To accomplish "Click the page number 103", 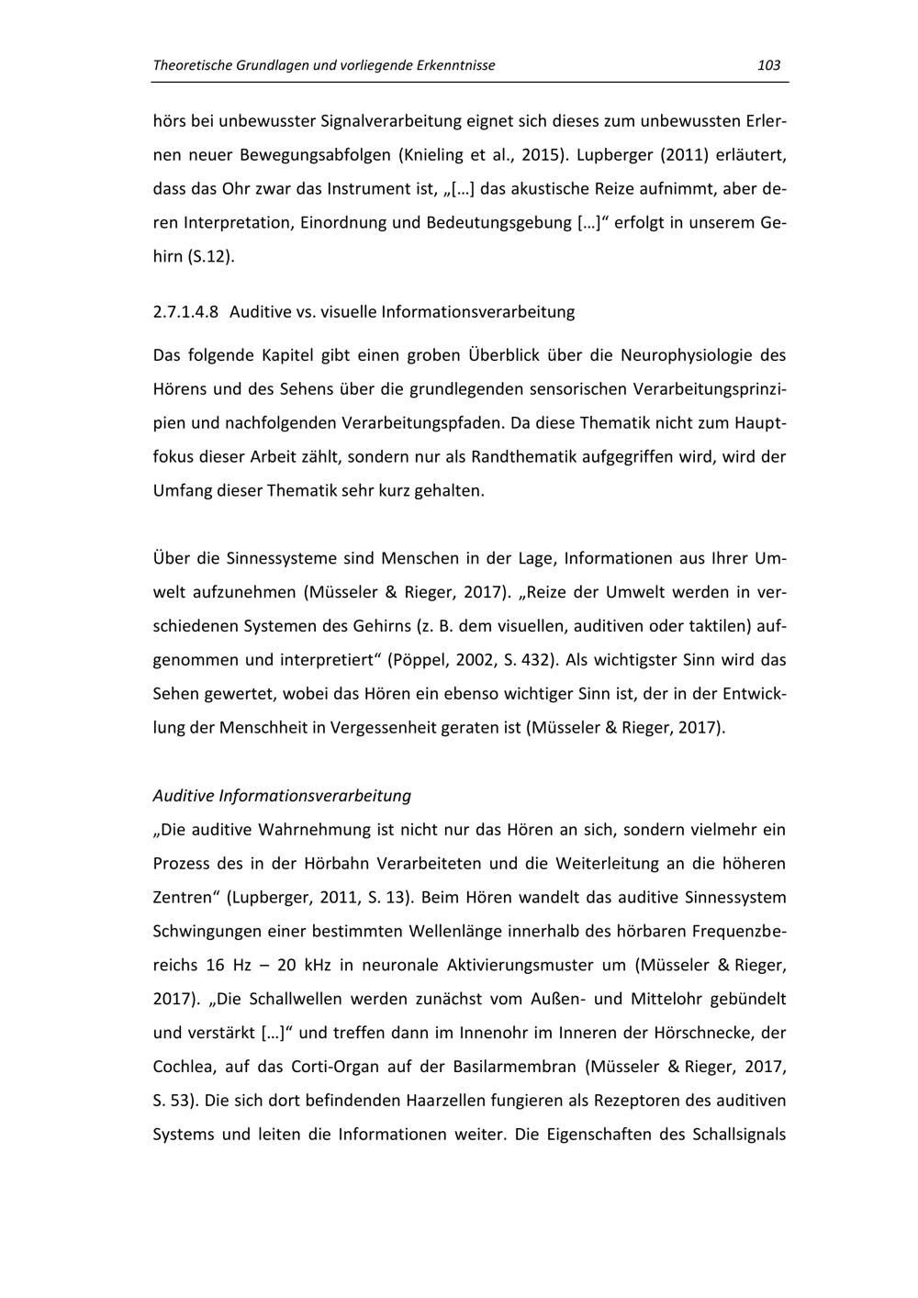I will (768, 65).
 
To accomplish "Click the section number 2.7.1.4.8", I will (185, 312).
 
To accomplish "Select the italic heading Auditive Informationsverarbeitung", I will (282, 795).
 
